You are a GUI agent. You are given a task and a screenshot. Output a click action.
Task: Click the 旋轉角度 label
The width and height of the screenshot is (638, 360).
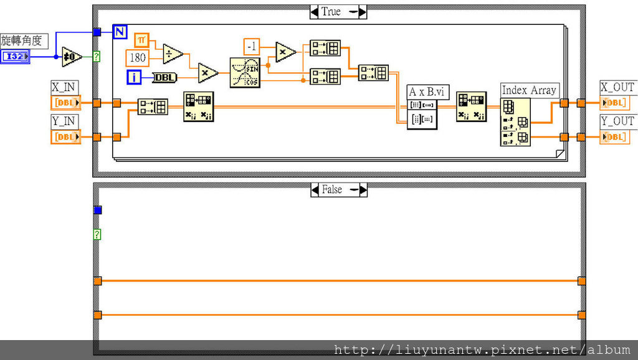24,41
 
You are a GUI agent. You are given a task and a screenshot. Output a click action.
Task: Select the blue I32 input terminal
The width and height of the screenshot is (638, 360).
15,57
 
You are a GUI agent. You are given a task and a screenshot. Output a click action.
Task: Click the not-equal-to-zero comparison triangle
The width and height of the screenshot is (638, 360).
72,57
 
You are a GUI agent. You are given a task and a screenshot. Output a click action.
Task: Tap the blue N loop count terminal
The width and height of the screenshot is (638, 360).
120,32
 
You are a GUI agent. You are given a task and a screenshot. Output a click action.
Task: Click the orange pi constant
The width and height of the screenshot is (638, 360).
142,40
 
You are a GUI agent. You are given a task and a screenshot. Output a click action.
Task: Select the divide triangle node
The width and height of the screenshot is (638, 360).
173,54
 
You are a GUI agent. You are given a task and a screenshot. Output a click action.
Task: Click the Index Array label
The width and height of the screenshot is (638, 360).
529,90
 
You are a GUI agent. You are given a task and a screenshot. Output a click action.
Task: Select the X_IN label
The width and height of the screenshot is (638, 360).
64,87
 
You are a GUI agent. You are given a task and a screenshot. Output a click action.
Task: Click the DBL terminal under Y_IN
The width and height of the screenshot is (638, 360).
65,136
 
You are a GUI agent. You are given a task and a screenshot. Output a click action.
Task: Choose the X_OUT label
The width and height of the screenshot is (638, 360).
616,87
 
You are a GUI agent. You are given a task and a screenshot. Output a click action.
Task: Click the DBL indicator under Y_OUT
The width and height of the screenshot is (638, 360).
614,136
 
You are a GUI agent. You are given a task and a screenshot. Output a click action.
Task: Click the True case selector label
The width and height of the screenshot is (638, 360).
331,12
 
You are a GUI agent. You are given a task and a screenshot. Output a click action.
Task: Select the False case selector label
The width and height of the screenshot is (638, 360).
331,189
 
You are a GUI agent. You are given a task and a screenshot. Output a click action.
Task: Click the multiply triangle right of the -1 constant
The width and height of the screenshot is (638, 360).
285,53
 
